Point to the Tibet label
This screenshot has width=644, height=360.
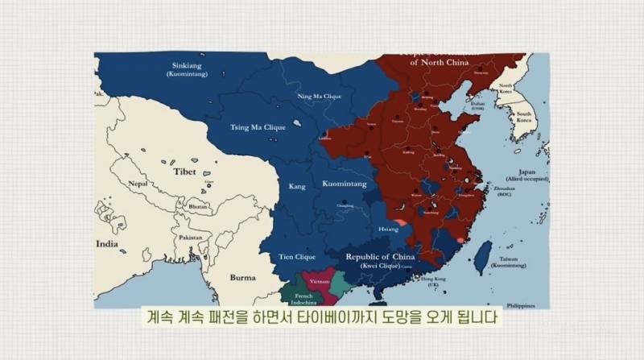(x=184, y=172)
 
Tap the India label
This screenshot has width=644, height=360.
(x=108, y=243)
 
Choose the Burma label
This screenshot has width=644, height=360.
(x=242, y=277)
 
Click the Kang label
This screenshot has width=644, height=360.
(x=297, y=187)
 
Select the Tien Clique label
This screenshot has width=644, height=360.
(x=296, y=257)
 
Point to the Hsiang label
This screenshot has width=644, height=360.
(x=388, y=229)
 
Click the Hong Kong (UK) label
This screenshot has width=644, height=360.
(x=432, y=280)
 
